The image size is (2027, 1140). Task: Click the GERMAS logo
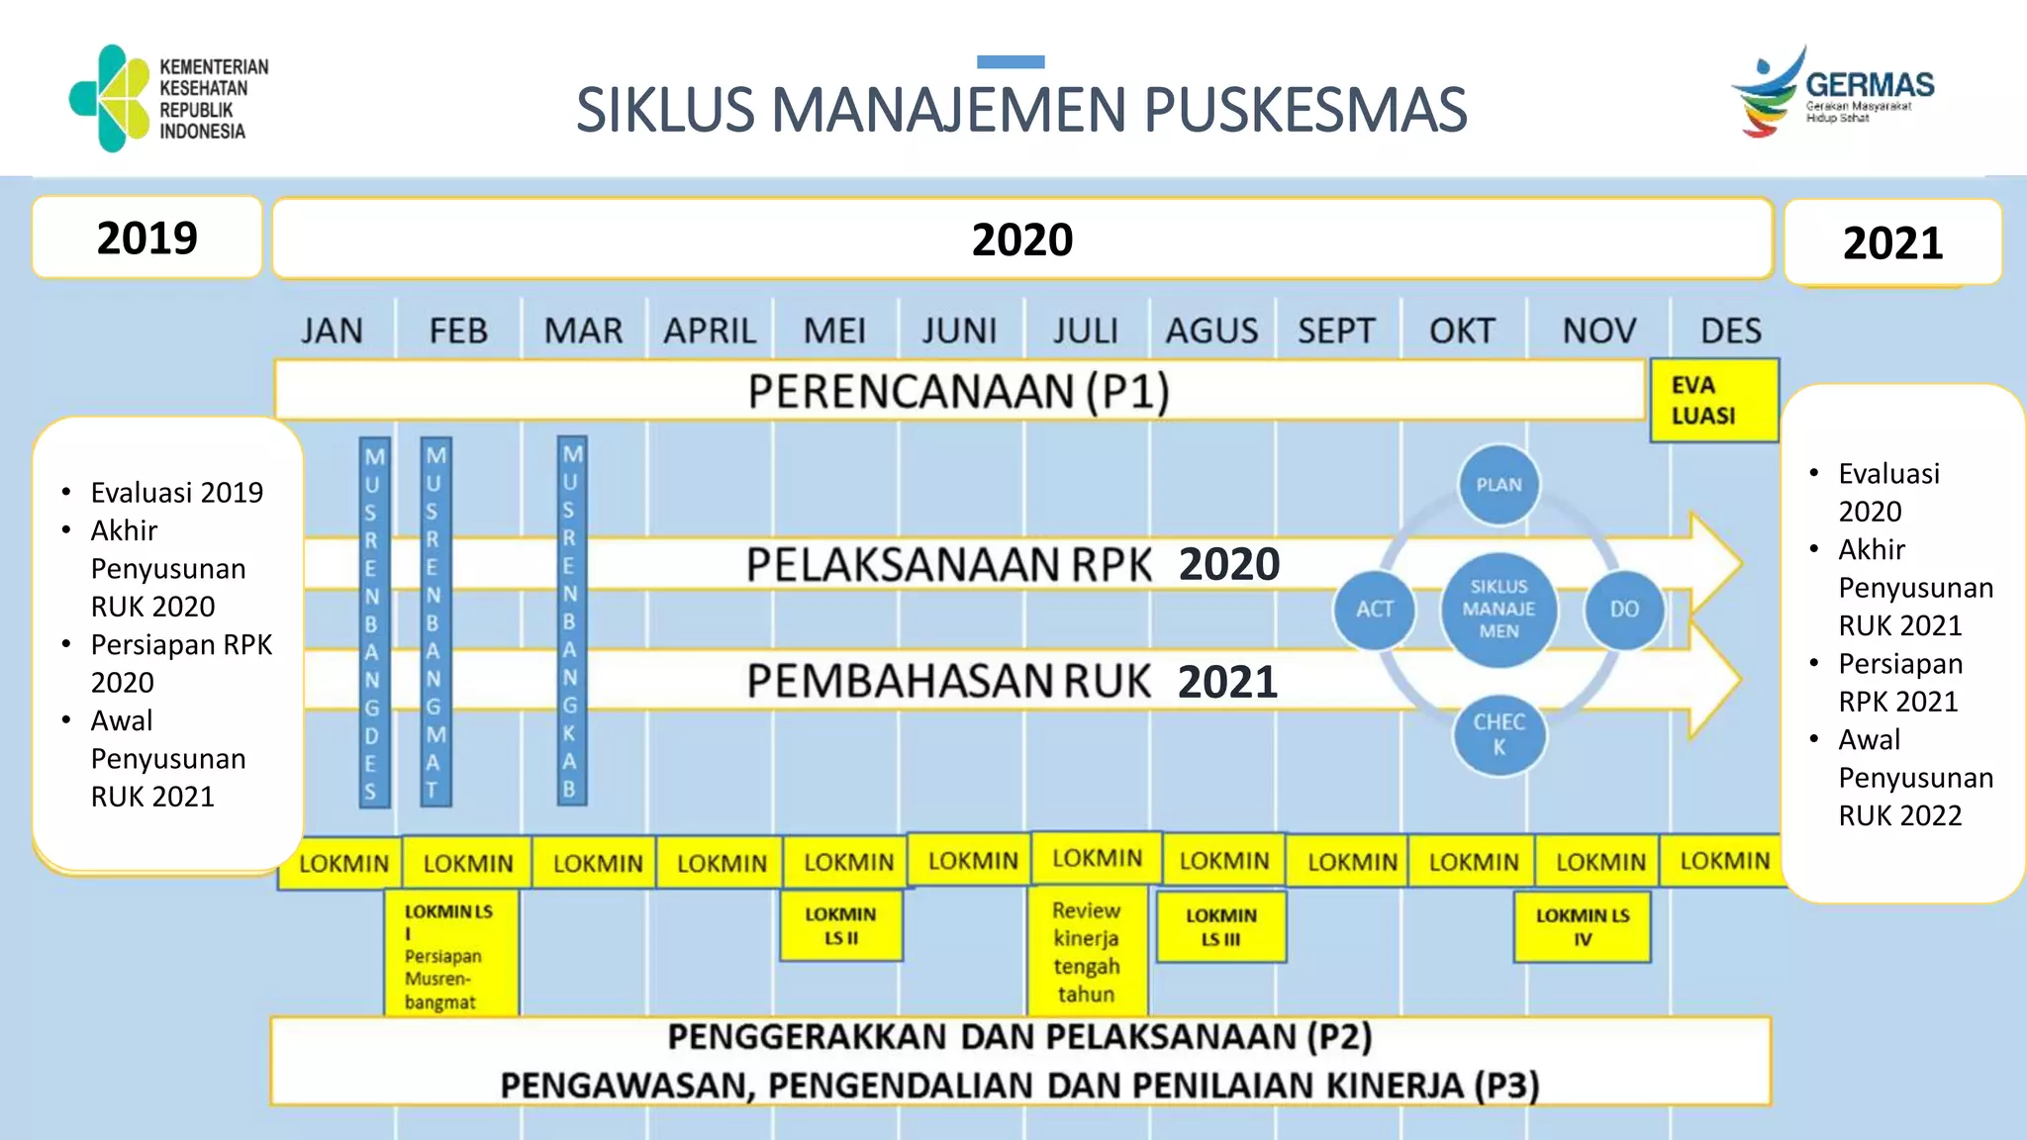(1831, 92)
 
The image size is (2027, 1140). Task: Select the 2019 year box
(146, 237)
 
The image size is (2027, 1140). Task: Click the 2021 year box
(1892, 242)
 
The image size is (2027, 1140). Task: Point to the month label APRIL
(710, 331)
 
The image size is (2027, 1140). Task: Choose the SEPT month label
(1336, 331)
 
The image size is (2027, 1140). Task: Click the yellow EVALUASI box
(1713, 401)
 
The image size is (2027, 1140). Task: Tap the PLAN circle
(1498, 485)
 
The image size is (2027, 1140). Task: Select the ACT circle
(1374, 610)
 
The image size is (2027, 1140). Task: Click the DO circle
(1624, 610)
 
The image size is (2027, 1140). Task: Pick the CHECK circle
(1498, 734)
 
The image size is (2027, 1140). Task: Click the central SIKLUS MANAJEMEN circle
(1498, 609)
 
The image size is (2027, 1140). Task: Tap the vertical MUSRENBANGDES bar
(373, 621)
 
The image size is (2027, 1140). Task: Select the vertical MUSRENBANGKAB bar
(571, 620)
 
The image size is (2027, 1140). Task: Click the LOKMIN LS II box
(840, 926)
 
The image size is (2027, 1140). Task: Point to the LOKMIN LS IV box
(1582, 927)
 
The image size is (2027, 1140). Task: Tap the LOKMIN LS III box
(1221, 927)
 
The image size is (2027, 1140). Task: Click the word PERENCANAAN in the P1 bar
(911, 392)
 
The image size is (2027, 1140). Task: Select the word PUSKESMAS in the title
(1304, 110)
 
